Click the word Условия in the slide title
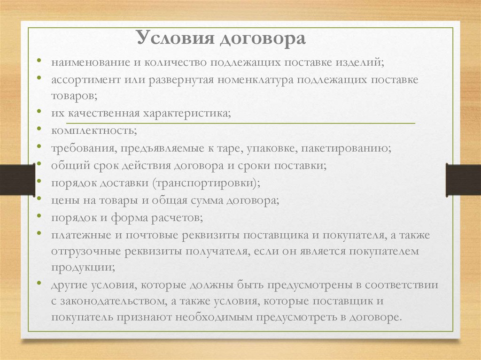click(175, 38)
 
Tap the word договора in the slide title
click(263, 39)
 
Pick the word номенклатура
click(256, 80)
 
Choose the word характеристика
click(187, 114)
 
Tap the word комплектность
click(94, 130)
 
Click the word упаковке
click(272, 149)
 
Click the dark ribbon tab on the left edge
click(17, 180)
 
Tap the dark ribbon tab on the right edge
click(463, 180)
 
